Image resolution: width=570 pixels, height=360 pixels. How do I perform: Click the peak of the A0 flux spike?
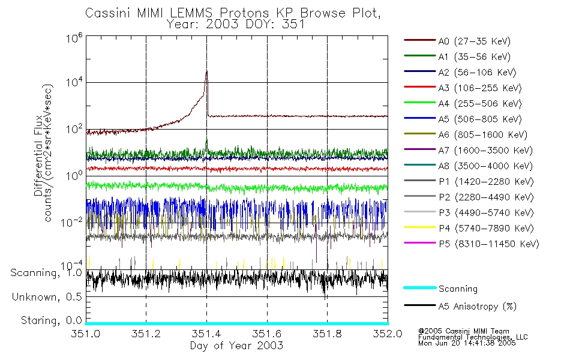coord(206,71)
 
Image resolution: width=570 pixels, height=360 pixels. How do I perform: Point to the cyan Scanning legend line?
coord(419,288)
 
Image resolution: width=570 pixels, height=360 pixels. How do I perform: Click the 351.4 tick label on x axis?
coord(206,334)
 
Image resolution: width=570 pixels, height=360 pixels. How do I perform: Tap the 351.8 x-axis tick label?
coord(327,334)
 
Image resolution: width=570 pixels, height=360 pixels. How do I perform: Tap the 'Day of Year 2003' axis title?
coord(236,346)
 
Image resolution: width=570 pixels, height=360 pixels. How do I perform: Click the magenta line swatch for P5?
coord(419,244)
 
